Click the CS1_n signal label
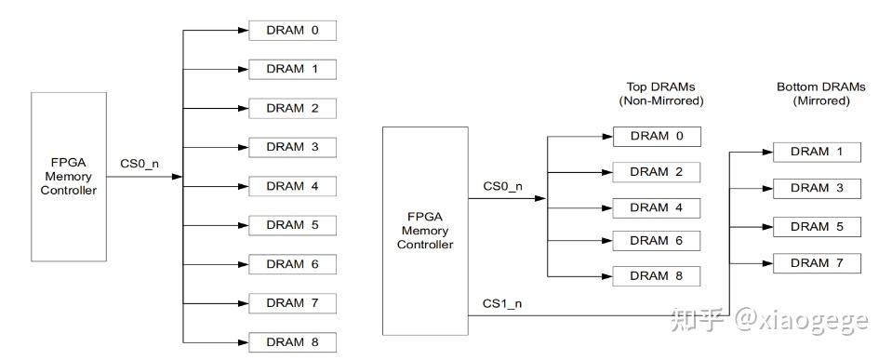502,303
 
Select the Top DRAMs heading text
661,87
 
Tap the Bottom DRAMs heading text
820,87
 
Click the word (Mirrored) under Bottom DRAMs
820,100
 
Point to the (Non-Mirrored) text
661,100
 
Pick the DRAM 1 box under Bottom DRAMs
816,152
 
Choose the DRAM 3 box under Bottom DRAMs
816,189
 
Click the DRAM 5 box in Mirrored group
816,226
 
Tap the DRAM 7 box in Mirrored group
816,263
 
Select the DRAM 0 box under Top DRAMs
656,137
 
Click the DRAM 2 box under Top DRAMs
656,172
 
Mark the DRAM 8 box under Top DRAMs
656,276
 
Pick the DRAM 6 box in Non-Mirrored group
656,241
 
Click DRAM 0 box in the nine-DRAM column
291,31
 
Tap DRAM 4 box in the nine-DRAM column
291,186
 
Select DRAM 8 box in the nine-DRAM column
291,342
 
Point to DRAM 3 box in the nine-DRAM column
291,147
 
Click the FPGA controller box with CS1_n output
425,230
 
